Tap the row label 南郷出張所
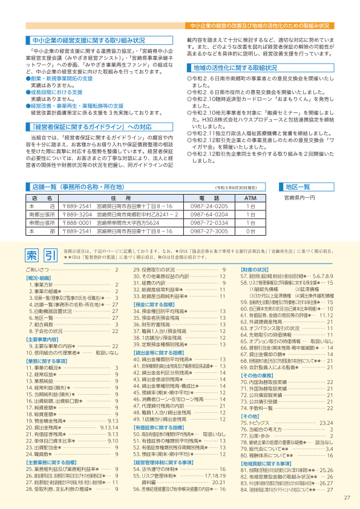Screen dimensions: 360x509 [42, 214]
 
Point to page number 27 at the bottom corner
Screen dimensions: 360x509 [346, 498]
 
